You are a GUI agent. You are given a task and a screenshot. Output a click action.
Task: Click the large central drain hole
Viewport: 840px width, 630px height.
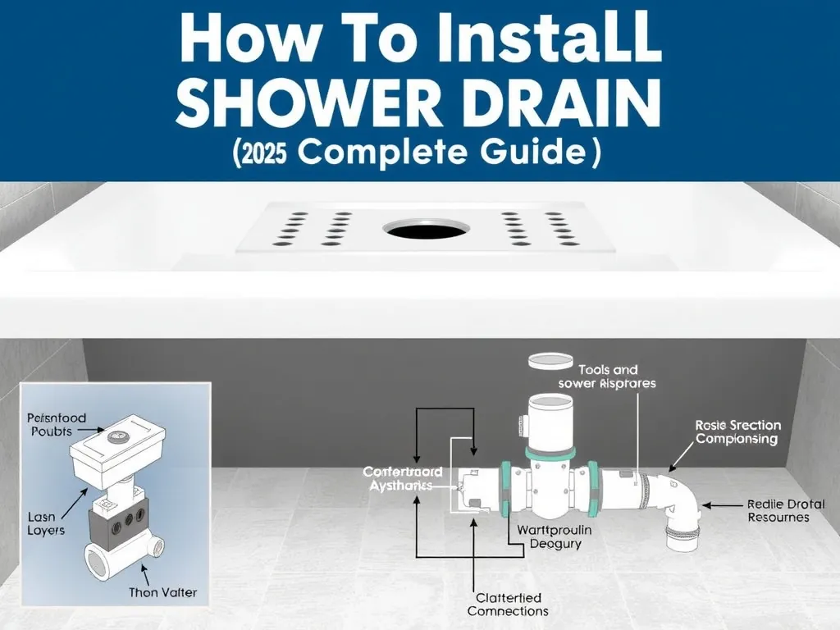point(420,230)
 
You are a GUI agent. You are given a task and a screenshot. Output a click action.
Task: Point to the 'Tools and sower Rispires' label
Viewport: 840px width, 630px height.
point(607,377)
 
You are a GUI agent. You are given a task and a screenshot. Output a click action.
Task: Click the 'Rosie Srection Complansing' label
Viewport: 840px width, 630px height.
point(736,432)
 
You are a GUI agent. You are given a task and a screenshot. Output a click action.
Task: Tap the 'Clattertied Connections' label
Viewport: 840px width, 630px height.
point(508,605)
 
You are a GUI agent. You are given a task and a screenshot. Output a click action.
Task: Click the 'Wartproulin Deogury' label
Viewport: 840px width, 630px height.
point(555,536)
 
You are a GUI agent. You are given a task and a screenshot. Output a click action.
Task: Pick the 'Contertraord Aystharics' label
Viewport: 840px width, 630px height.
point(403,479)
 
